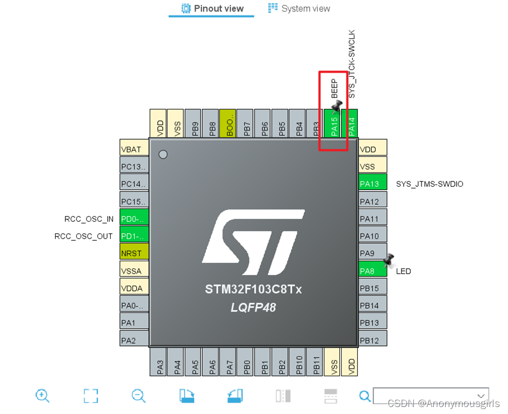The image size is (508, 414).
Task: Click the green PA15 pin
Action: (334, 123)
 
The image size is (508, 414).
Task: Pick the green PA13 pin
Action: (373, 184)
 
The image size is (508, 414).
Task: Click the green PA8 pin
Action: (373, 270)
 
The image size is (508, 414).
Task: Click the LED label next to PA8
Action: (403, 271)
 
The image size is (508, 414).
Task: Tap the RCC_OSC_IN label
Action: (89, 219)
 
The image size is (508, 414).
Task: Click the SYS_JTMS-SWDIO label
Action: (430, 184)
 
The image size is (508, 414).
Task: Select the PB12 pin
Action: (373, 340)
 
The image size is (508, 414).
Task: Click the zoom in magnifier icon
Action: (42, 396)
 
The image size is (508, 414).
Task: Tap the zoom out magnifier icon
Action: (138, 396)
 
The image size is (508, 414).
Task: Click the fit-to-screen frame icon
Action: (91, 396)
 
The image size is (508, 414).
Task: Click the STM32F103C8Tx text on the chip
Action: (253, 289)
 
